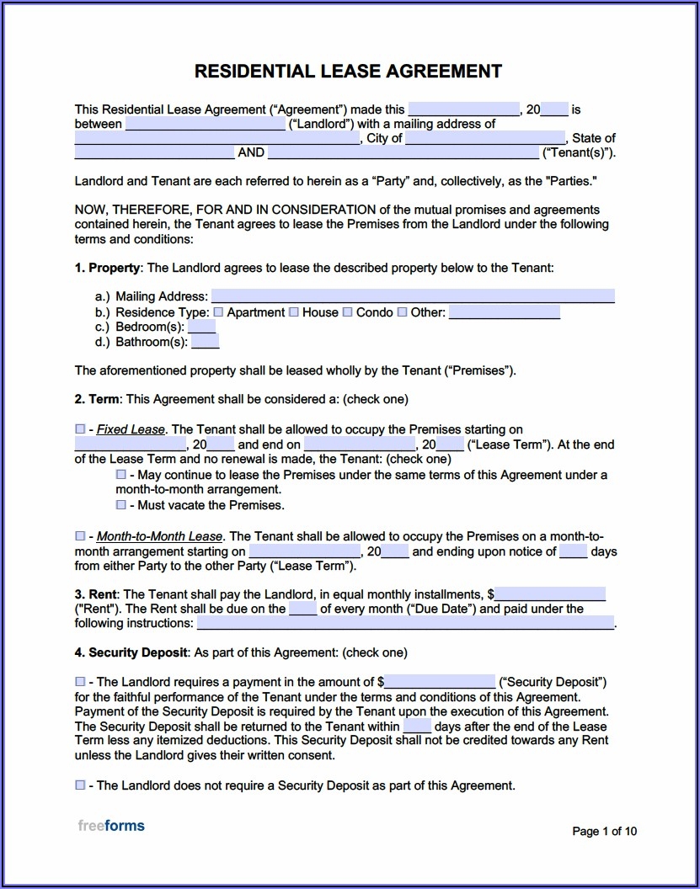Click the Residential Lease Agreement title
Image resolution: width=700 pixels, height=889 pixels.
[348, 71]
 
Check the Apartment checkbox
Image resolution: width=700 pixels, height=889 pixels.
[219, 312]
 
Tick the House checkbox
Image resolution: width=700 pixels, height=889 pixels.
[294, 312]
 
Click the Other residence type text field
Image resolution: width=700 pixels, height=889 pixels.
[504, 312]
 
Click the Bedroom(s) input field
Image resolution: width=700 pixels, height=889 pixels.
[201, 327]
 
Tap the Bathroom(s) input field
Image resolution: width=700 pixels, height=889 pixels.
[205, 342]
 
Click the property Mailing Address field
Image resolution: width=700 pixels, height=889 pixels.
[412, 296]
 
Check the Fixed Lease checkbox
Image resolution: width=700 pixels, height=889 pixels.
[80, 429]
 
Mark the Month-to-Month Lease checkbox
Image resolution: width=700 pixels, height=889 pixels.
[80, 536]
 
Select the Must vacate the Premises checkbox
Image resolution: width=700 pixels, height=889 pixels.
[121, 505]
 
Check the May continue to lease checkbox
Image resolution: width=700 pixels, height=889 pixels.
[121, 475]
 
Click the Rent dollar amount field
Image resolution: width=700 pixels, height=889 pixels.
[550, 594]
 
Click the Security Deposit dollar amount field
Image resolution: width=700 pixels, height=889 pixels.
[440, 682]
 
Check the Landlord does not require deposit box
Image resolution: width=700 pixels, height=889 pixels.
[80, 785]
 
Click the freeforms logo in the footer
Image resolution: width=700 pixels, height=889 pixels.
[111, 826]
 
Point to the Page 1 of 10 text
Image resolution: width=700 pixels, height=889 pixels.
[604, 832]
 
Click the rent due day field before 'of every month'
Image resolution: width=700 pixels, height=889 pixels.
[303, 609]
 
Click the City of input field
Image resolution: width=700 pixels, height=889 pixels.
[485, 138]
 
